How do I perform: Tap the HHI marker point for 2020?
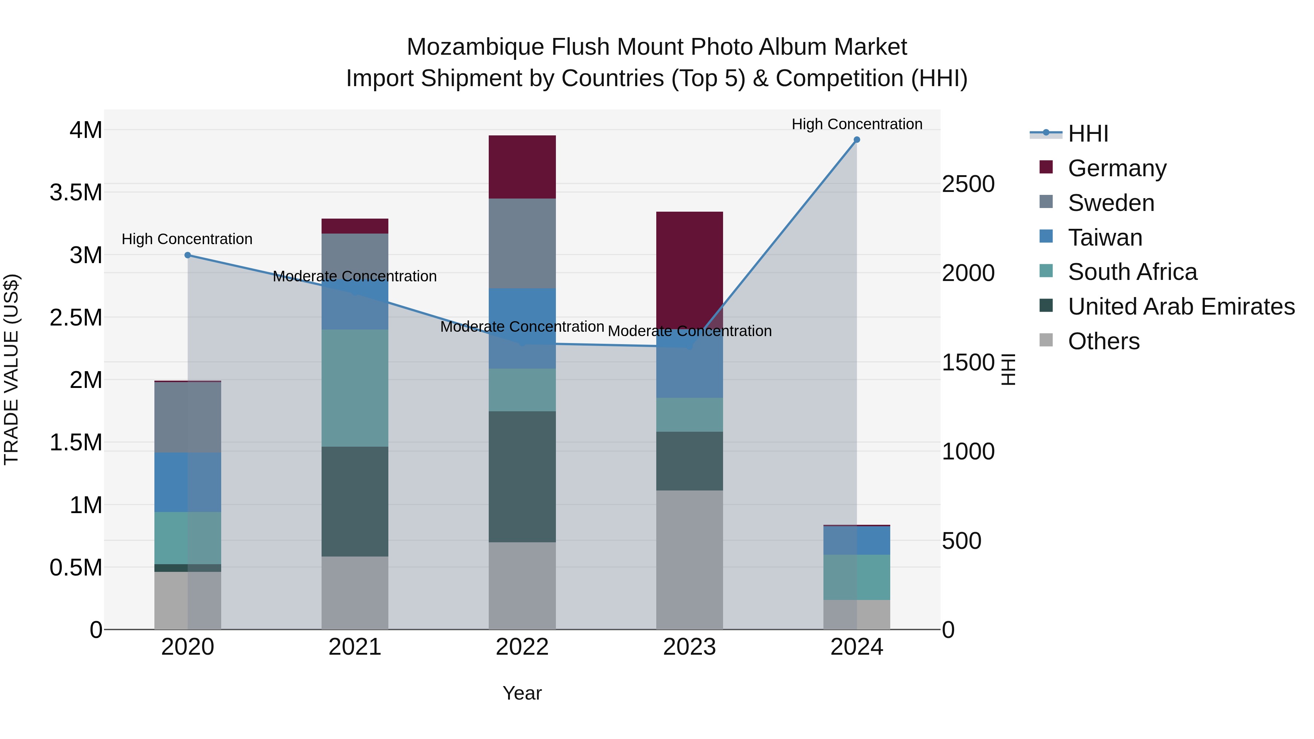tap(188, 255)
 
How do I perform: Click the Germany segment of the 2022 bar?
tap(522, 167)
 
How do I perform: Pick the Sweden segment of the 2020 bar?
tap(188, 417)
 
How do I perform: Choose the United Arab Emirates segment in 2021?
tap(354, 501)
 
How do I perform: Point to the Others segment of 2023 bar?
tap(689, 559)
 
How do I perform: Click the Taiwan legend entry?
tap(1104, 238)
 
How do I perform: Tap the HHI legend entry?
tap(1088, 134)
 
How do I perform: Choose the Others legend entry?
tap(1103, 341)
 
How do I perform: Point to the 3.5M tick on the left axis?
tap(76, 193)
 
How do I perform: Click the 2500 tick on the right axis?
tap(968, 184)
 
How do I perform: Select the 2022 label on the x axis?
tap(522, 647)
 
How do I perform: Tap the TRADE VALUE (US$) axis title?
tap(11, 369)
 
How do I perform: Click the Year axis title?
tap(522, 693)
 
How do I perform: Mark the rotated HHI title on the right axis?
tap(1008, 369)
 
